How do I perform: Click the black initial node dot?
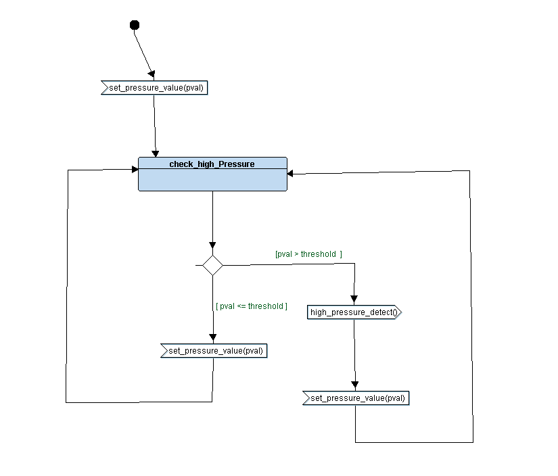click(134, 25)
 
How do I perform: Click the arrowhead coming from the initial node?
click(152, 74)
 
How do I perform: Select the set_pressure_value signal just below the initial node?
click(154, 88)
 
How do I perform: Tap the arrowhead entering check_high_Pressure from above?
click(156, 153)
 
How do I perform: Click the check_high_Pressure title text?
click(212, 164)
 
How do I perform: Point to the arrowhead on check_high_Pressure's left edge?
click(134, 169)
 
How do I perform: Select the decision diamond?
click(212, 265)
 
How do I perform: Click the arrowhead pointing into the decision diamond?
click(212, 245)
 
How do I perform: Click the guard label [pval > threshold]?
click(308, 254)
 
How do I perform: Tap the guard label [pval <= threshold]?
click(251, 306)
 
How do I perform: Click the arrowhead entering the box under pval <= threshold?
click(212, 338)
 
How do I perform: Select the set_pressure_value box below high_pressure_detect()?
click(356, 398)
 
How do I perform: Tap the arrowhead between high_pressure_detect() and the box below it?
click(355, 385)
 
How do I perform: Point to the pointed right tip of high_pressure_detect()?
click(400, 312)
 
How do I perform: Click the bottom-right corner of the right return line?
click(473, 442)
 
